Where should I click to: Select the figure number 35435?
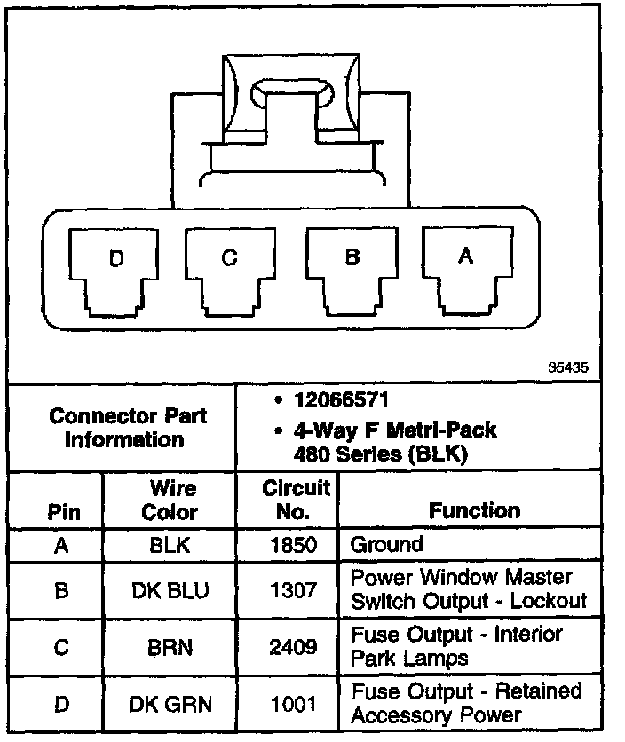pos(567,366)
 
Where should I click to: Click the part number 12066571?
pos(341,400)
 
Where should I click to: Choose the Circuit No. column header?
pos(296,500)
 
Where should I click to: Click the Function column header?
pos(474,510)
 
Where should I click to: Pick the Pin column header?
pos(61,512)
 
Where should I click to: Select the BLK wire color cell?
pos(170,545)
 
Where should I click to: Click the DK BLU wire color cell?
pos(170,588)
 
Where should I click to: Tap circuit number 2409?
pos(293,646)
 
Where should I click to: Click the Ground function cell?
pos(387,544)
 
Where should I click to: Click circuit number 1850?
pos(293,545)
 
